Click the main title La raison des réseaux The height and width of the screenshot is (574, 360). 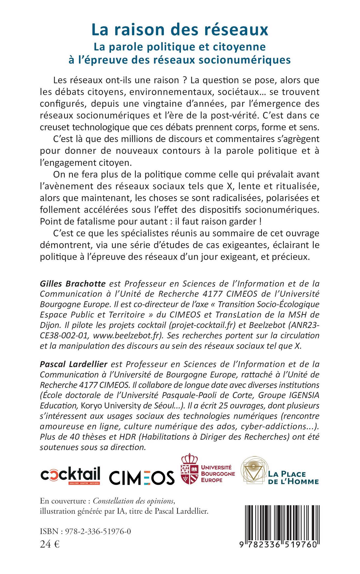(180, 30)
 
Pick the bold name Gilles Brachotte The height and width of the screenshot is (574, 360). (73, 284)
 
